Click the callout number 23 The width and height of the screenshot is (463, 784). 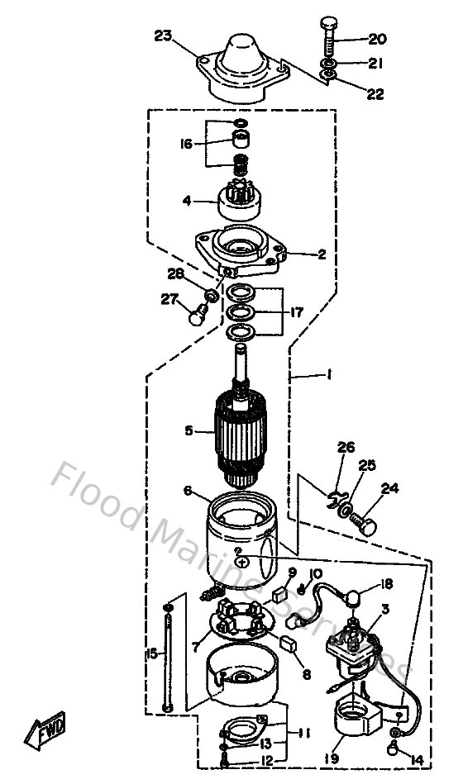(163, 35)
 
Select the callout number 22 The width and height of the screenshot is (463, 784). (375, 94)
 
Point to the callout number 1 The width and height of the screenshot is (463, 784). (328, 374)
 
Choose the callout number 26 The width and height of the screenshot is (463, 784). (346, 447)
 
